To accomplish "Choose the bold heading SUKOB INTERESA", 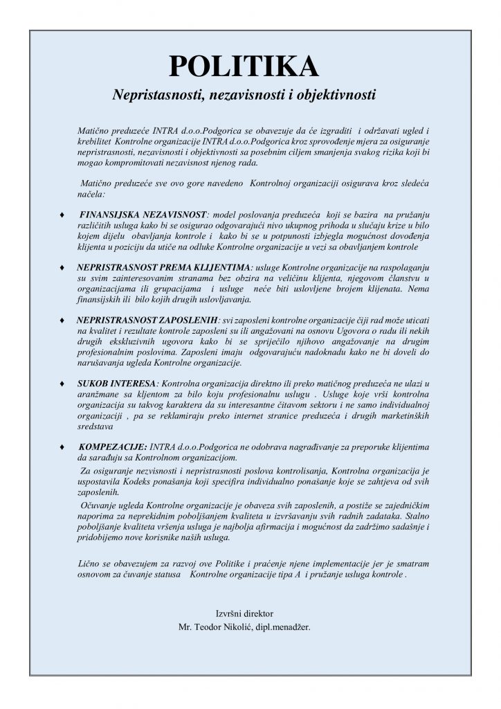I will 109,383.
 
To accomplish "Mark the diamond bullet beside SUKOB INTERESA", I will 64,383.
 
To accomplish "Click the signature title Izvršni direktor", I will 245,613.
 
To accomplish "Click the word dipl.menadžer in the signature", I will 284,627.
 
